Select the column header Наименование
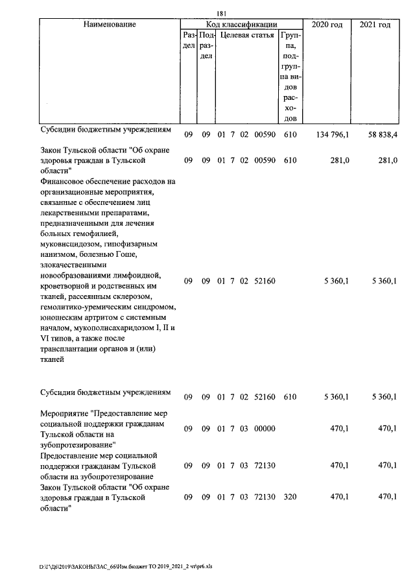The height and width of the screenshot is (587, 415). coord(110,25)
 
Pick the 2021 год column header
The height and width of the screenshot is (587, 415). coord(375,25)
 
